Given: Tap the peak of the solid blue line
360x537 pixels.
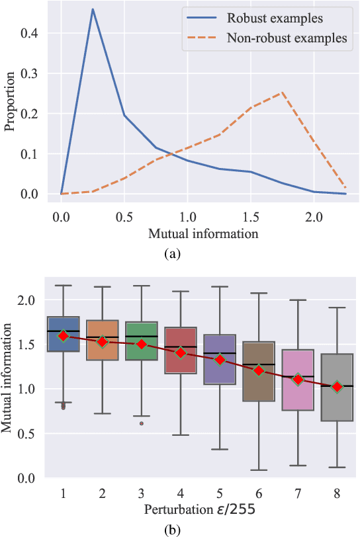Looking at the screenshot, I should (x=93, y=9).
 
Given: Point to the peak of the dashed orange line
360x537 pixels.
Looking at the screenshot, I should (x=283, y=93).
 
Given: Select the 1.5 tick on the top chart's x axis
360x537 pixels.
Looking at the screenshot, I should (x=251, y=216).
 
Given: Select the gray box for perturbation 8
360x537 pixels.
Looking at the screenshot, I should (x=337, y=387).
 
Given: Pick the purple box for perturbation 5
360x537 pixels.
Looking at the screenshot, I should (x=219, y=359).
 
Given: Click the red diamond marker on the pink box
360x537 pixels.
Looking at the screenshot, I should (x=298, y=379).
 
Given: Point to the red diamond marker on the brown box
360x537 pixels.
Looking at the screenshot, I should (x=259, y=370).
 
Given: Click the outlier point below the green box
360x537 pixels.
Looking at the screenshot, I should (x=142, y=423).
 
